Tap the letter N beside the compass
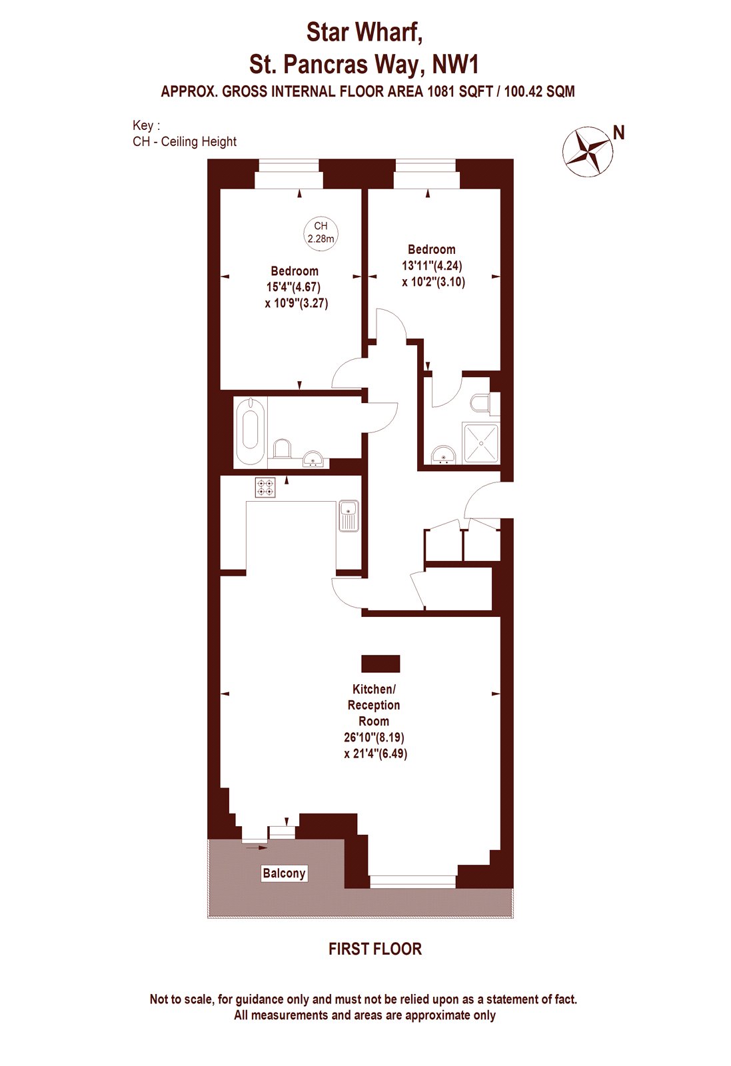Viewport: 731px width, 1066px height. pyautogui.click(x=618, y=133)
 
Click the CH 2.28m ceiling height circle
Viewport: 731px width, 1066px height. pyautogui.click(x=321, y=233)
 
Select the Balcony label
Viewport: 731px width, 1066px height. pyautogui.click(x=284, y=873)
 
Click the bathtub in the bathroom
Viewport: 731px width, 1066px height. pyautogui.click(x=251, y=431)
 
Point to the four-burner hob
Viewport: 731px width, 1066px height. pyautogui.click(x=265, y=487)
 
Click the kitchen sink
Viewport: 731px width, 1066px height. pyautogui.click(x=349, y=516)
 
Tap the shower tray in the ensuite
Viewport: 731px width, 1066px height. pyautogui.click(x=481, y=444)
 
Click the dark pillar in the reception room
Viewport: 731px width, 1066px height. pyautogui.click(x=380, y=664)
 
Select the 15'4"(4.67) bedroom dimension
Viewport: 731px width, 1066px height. pyautogui.click(x=293, y=287)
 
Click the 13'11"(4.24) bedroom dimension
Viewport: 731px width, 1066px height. pyautogui.click(x=432, y=265)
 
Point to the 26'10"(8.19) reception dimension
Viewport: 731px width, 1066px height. pyautogui.click(x=374, y=738)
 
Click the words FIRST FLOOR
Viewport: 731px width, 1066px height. pyautogui.click(x=375, y=949)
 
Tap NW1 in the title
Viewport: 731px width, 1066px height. pyautogui.click(x=454, y=64)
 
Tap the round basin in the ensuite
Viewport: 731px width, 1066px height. pyautogui.click(x=444, y=455)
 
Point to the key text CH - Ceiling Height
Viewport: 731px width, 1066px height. pyautogui.click(x=185, y=142)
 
